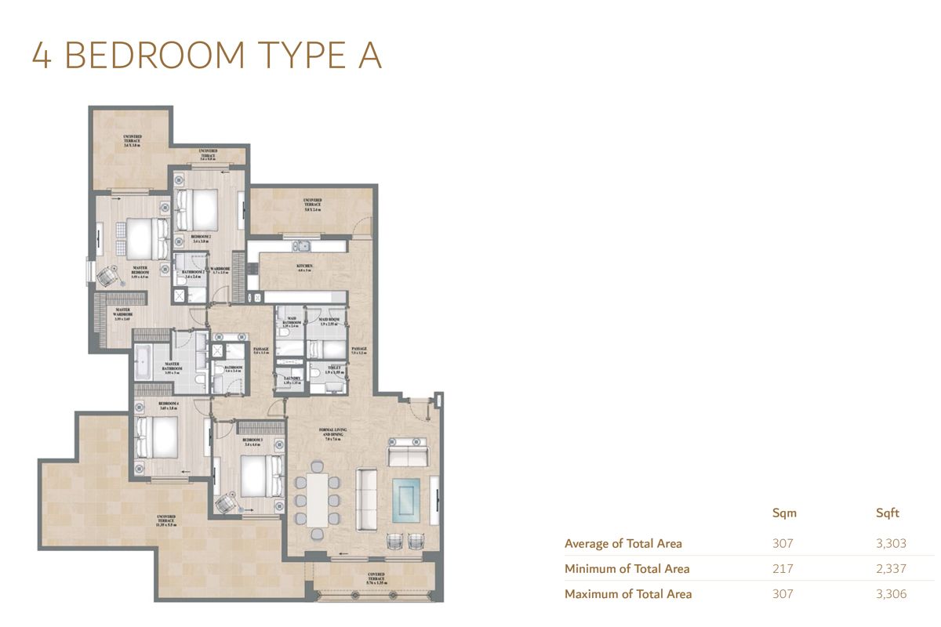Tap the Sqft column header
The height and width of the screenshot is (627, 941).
888,513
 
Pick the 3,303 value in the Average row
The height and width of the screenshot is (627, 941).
891,543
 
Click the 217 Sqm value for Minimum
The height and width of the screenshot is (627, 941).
782,569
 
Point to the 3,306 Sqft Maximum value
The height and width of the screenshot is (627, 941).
891,594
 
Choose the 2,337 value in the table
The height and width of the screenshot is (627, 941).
891,569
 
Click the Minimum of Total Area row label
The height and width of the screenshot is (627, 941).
627,569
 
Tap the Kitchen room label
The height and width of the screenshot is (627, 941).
305,267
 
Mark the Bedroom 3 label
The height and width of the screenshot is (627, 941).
252,442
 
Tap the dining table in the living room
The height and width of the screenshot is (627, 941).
318,499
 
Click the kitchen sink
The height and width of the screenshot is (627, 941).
300,247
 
